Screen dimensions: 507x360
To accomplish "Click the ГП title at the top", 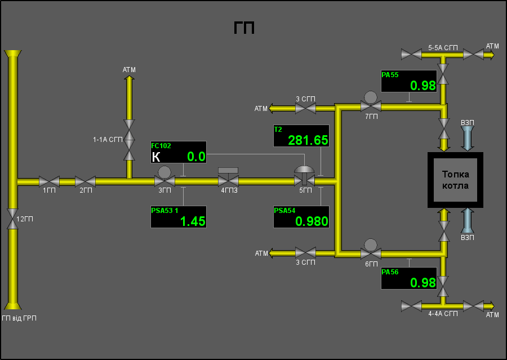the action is pos(244,28).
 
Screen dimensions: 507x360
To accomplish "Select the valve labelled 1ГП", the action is pos(49,181).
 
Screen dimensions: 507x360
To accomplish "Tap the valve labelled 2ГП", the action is pos(86,181).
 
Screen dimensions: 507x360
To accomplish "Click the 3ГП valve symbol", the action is pos(164,177).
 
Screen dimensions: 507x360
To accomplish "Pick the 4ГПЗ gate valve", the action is pos(228,177).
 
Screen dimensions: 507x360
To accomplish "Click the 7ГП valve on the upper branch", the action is pos(371,102).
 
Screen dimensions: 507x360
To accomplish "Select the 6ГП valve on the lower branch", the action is pos(371,250).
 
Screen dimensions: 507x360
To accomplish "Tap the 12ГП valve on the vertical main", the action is pos(12,219).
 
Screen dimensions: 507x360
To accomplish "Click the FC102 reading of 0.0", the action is pos(196,157).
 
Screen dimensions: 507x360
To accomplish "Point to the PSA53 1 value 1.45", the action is pos(193,221).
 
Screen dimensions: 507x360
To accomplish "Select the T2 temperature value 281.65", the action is pos(308,140).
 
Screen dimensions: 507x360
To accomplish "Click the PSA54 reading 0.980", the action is pos(312,221).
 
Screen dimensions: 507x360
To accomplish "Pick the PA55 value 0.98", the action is pos(423,86).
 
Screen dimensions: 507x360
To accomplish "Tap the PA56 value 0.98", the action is pos(423,283).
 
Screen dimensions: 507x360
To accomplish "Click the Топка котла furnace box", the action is pos(455,180).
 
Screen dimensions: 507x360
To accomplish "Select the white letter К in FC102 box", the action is pos(156,157).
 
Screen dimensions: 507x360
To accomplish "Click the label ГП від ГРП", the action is pos(19,318).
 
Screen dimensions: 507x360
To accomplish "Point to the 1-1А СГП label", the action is pos(108,140).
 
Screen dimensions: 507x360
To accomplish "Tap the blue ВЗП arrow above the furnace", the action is pos(467,139).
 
